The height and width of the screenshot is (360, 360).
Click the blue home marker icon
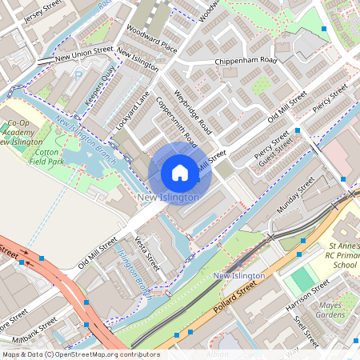(180, 173)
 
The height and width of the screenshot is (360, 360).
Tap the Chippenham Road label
(245, 61)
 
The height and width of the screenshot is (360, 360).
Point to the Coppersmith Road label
(176, 122)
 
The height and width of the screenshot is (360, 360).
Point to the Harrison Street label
(309, 295)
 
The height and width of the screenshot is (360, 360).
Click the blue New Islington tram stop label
(239, 276)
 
